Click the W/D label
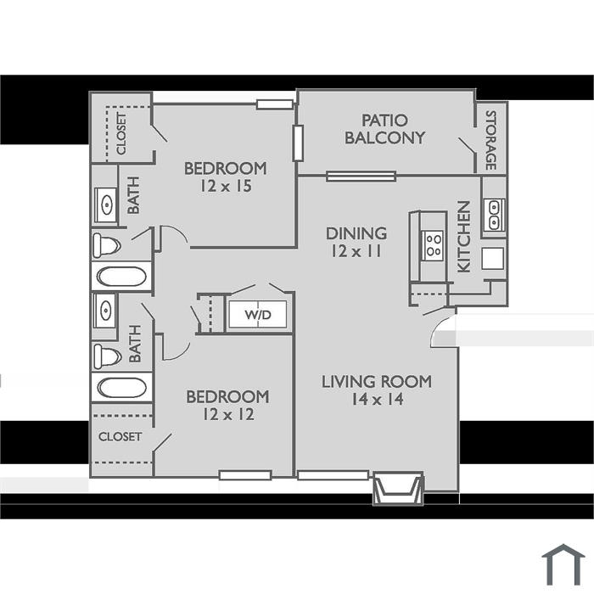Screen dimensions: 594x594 pyautogui.click(x=258, y=315)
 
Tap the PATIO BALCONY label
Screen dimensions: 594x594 pyautogui.click(x=384, y=129)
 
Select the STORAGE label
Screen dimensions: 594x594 pyautogui.click(x=491, y=140)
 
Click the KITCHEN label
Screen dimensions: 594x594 pyautogui.click(x=464, y=237)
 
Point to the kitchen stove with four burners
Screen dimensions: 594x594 pyautogui.click(x=433, y=245)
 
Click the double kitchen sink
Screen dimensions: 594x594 pyautogui.click(x=494, y=215)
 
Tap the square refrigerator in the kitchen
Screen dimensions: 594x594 pyautogui.click(x=492, y=259)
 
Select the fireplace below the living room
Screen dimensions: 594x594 pyautogui.click(x=397, y=488)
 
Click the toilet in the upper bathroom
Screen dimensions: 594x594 pyautogui.click(x=107, y=246)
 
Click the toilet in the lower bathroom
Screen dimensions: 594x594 pyautogui.click(x=107, y=356)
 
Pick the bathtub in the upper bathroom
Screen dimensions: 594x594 pyautogui.click(x=121, y=277)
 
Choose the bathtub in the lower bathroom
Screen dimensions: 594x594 pyautogui.click(x=121, y=387)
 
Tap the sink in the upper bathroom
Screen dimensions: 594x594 pyautogui.click(x=106, y=205)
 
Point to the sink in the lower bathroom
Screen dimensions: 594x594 pyautogui.click(x=105, y=311)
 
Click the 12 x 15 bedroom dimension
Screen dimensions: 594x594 pyautogui.click(x=226, y=186)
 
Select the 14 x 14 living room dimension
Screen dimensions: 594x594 pyautogui.click(x=378, y=400)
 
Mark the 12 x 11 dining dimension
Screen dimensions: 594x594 pyautogui.click(x=356, y=251)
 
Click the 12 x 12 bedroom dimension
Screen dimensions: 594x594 pyautogui.click(x=228, y=414)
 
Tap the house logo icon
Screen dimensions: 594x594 pyautogui.click(x=563, y=565)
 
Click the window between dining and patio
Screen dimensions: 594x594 pyautogui.click(x=361, y=177)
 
